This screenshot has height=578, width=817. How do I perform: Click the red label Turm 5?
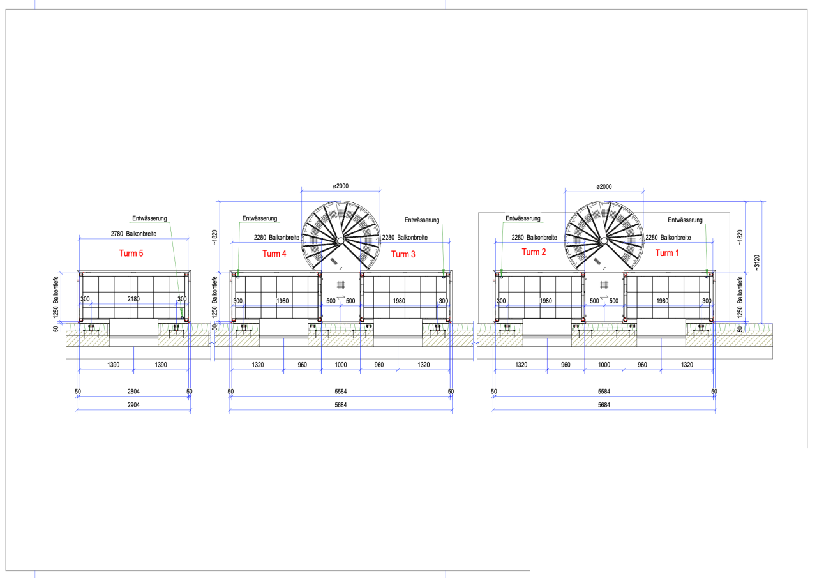coord(131,254)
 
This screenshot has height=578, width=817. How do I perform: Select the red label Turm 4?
coord(274,254)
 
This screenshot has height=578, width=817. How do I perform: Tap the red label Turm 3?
coord(403,254)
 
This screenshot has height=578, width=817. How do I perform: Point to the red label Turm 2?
coord(534,252)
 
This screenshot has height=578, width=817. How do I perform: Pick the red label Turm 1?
coord(667,254)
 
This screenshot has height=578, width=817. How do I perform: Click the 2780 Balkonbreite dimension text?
coord(133,234)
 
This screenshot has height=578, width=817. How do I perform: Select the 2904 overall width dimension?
coord(133,405)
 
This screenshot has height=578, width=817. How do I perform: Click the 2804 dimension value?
coord(133,392)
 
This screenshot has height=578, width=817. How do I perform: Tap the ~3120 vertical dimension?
coord(756,262)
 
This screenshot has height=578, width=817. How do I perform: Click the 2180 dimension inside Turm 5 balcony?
coord(133,299)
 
